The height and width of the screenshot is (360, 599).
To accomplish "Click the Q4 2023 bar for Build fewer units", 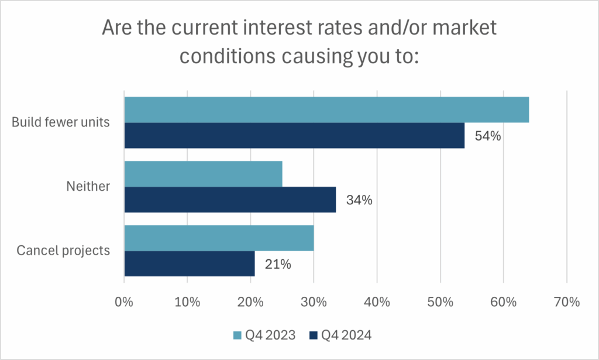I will coord(326,110).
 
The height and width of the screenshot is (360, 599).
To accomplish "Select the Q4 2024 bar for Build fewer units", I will coord(294,136).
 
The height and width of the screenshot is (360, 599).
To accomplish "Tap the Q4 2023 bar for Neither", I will coord(203,174).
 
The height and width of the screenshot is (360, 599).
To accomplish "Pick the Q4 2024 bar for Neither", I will coord(230,200).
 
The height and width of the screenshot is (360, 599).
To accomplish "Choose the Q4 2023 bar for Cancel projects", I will coord(219,238).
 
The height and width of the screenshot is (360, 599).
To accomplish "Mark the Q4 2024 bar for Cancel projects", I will coord(190,264).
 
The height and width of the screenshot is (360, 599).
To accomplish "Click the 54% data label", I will coord(487,136).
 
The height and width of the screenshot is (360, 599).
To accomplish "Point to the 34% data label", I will coord(359,200).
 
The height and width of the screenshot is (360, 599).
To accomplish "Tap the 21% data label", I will coord(277,265).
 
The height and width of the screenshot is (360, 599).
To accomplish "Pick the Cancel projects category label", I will coord(63,251).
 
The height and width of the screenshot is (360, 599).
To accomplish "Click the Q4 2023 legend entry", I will coord(263,335).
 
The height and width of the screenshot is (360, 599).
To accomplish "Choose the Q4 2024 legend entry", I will coord(340,335).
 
